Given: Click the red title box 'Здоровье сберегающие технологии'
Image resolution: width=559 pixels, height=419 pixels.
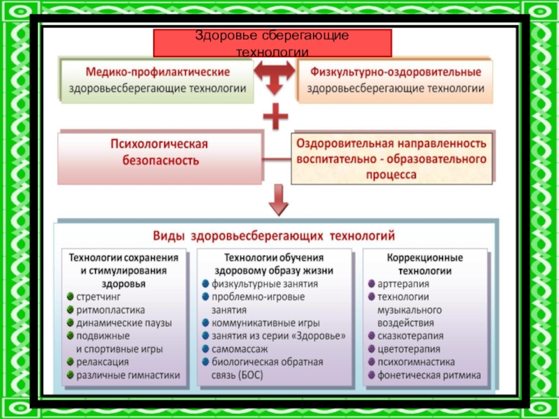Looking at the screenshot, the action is tap(273, 43).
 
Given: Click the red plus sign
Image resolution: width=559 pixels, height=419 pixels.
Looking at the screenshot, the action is tap(275, 116).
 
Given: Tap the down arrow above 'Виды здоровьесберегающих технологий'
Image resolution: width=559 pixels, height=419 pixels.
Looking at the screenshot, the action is tap(278, 200).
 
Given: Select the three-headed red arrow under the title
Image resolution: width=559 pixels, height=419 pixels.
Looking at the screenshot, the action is tap(275, 77).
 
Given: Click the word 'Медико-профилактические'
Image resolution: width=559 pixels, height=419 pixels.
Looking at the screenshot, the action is tap(158, 72).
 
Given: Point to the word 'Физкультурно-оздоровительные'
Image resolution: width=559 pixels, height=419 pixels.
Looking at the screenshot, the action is tap(395, 72).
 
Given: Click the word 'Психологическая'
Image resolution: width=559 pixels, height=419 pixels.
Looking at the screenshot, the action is tap(159, 144).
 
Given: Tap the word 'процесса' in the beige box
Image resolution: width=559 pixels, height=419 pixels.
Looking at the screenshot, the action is tap(391, 175).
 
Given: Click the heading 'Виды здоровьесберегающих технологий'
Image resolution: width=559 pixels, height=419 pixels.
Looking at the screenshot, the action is tap(274, 236).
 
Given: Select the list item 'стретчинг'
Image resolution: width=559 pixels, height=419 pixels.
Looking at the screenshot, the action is tap(99, 297).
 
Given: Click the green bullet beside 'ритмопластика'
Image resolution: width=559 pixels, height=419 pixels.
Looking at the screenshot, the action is tap(71, 309).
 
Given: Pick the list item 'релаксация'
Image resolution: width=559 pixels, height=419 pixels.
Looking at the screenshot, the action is tap(102, 362).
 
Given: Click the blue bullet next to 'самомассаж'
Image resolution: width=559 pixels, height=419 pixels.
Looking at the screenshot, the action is tap(205, 348).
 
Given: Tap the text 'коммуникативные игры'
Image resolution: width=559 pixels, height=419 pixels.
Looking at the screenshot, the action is tap(266, 323).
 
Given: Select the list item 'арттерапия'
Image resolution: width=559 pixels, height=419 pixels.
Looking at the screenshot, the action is tap(403, 284).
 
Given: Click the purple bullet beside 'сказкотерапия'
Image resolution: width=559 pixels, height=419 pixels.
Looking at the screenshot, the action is tap(372, 336).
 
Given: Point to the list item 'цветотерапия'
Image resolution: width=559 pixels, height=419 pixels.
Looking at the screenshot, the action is tap(409, 349).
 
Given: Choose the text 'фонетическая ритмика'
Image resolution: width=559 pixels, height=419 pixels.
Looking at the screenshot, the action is tap(429, 375).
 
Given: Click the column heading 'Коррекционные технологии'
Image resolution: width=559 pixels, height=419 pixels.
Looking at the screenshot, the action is tap(425, 265).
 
